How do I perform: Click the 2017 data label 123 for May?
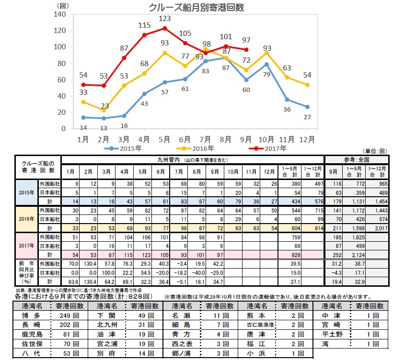[165, 19]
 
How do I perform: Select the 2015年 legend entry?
[122, 148]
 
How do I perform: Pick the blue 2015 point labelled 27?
[306, 107]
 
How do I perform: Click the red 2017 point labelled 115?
[144, 34]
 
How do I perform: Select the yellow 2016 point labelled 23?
[104, 110]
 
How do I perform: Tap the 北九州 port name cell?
[108, 325]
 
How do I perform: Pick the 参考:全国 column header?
[358, 159]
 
